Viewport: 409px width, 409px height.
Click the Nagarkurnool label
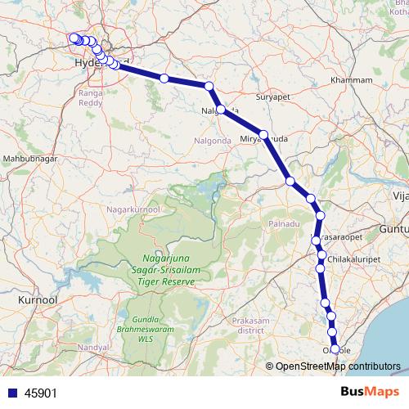click(133, 209)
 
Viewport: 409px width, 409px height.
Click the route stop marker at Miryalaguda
click(263, 134)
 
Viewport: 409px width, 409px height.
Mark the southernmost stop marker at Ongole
click(335, 349)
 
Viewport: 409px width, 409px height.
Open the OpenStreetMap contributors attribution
click(338, 367)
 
